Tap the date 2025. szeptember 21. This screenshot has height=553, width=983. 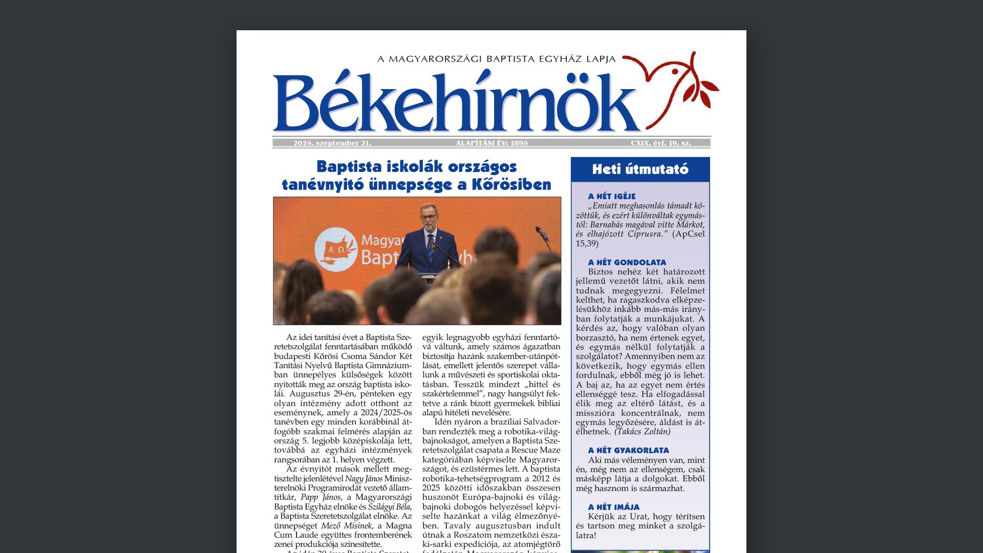point(332,143)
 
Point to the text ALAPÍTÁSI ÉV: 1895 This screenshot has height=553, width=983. point(491,143)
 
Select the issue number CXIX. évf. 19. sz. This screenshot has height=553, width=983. point(660,143)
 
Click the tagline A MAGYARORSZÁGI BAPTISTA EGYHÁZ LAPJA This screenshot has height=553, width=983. point(496,59)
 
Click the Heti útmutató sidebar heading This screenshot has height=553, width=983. point(640,169)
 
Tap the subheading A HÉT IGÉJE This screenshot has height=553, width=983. point(611,197)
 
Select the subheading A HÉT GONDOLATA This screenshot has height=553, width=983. point(627,263)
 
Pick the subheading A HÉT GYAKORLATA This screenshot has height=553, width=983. point(628,451)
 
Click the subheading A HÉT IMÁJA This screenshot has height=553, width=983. point(613,507)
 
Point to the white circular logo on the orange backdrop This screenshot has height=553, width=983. point(335,249)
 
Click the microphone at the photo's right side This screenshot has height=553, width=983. point(541,234)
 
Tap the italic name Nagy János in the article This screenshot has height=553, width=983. point(364,479)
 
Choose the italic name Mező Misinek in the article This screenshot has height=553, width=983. point(346,526)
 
